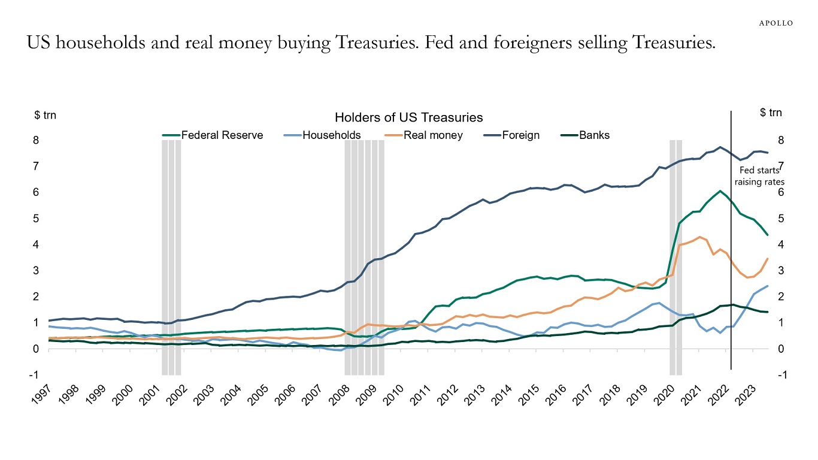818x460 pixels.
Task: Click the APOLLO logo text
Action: [x=776, y=23]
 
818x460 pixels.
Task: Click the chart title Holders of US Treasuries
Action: [x=408, y=117]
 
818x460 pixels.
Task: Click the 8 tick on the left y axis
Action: [x=35, y=140]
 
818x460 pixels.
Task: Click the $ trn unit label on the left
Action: [x=45, y=115]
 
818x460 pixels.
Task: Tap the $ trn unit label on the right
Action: [x=771, y=113]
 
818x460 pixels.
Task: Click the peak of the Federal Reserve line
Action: [x=720, y=191]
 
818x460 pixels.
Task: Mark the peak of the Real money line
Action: [x=699, y=237]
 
